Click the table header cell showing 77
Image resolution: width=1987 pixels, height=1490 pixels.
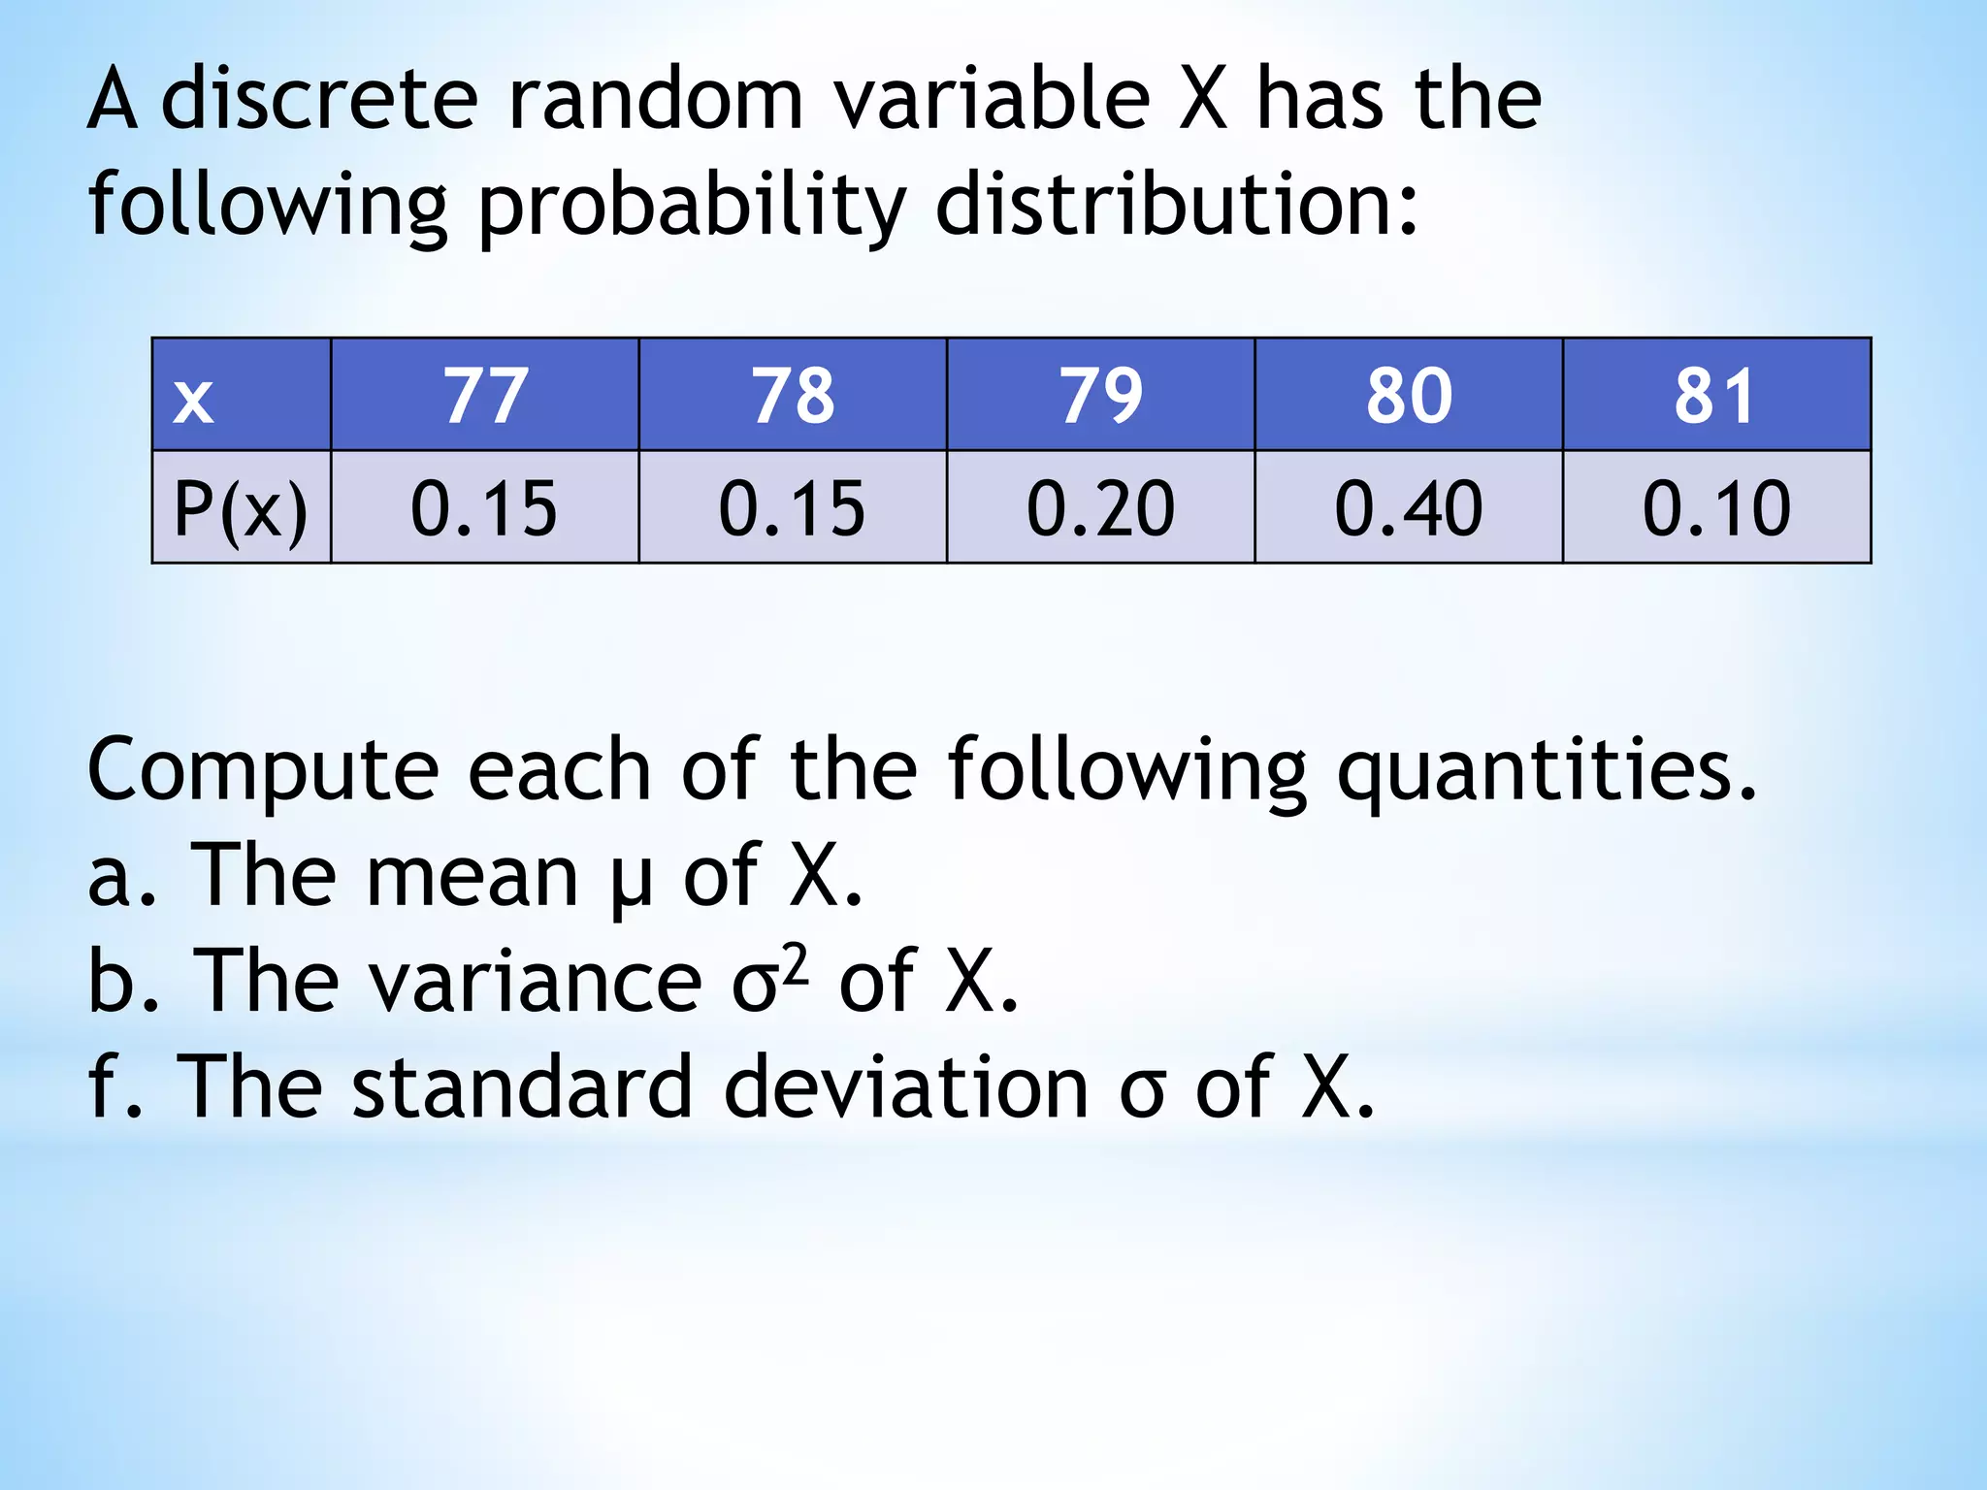point(485,396)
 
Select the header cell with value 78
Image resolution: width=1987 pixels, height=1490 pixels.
point(793,396)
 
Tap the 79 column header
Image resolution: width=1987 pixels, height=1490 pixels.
point(1100,396)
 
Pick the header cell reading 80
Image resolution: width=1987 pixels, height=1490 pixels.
point(1409,396)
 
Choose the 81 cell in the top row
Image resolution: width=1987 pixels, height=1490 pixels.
point(1715,396)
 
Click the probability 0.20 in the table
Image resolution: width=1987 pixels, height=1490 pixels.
point(1100,508)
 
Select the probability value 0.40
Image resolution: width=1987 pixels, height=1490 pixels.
point(1409,508)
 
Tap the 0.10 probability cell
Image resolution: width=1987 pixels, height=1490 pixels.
point(1715,508)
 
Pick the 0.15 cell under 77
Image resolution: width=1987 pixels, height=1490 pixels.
point(485,508)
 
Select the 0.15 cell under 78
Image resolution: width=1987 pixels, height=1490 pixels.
point(793,508)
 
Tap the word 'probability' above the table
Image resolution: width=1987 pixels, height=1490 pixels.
point(692,207)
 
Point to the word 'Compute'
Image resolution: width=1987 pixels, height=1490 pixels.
point(263,771)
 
